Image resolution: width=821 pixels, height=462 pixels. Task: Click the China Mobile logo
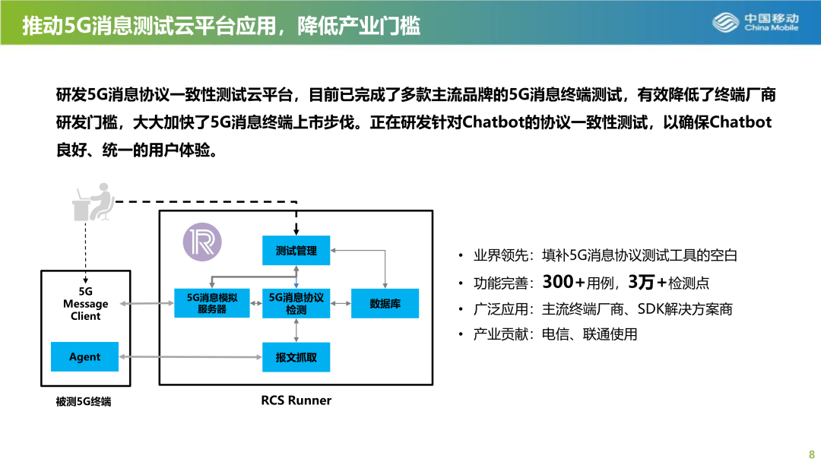click(x=755, y=23)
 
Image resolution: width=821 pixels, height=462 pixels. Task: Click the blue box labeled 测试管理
click(x=296, y=251)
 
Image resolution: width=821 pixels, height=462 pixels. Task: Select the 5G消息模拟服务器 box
click(x=211, y=303)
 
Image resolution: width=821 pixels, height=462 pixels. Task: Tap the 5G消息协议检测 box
click(x=296, y=303)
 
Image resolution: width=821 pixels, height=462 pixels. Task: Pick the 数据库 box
click(x=385, y=303)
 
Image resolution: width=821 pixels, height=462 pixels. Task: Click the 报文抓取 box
click(x=296, y=357)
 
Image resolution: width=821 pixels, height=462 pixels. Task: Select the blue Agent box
click(x=85, y=357)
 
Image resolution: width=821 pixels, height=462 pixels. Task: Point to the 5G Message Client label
click(x=85, y=303)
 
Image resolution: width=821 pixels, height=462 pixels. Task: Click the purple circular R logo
click(x=202, y=242)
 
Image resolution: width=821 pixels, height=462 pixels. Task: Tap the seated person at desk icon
click(x=94, y=202)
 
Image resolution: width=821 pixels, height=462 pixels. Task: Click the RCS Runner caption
click(x=296, y=400)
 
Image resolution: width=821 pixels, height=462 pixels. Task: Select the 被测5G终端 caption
click(x=84, y=402)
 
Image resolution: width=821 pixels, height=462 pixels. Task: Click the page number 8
click(x=812, y=454)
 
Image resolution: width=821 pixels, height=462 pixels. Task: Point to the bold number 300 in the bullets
click(x=558, y=282)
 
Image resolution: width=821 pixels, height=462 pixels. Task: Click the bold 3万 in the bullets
click(x=642, y=282)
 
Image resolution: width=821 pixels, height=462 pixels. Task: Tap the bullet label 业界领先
click(x=500, y=255)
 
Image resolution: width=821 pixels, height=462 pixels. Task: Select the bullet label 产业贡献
click(x=500, y=334)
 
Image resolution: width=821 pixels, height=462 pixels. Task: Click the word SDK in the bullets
click(x=650, y=309)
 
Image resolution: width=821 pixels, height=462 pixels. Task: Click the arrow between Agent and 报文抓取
click(x=191, y=357)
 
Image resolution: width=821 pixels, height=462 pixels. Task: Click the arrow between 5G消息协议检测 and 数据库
click(x=341, y=303)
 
